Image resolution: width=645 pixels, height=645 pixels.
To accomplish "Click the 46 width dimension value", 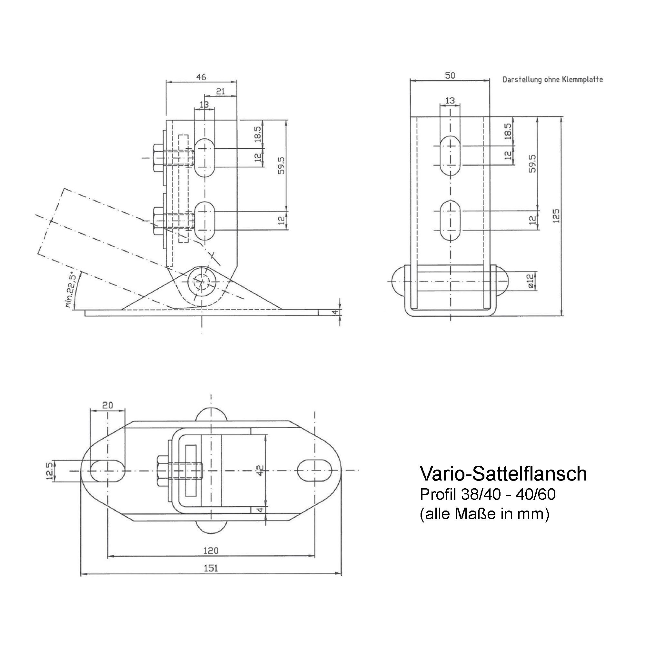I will click(x=201, y=77).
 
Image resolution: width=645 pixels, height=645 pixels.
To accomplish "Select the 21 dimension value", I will click(x=220, y=91).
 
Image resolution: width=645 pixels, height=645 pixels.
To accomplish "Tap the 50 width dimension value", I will click(x=450, y=75).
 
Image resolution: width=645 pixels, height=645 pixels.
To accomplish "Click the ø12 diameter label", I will click(x=531, y=282).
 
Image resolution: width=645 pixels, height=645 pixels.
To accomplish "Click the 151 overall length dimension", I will click(x=211, y=568).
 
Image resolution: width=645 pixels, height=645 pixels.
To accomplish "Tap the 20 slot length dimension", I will click(x=107, y=405).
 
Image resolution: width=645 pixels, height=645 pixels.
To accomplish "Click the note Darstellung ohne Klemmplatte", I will click(x=552, y=80).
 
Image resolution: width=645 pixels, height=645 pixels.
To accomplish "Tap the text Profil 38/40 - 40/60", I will click(x=487, y=494).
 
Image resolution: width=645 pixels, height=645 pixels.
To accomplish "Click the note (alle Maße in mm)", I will click(x=484, y=514).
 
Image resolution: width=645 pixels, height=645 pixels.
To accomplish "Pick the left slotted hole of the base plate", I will click(x=107, y=471).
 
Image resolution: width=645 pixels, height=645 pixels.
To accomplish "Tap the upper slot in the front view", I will click(x=450, y=155).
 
